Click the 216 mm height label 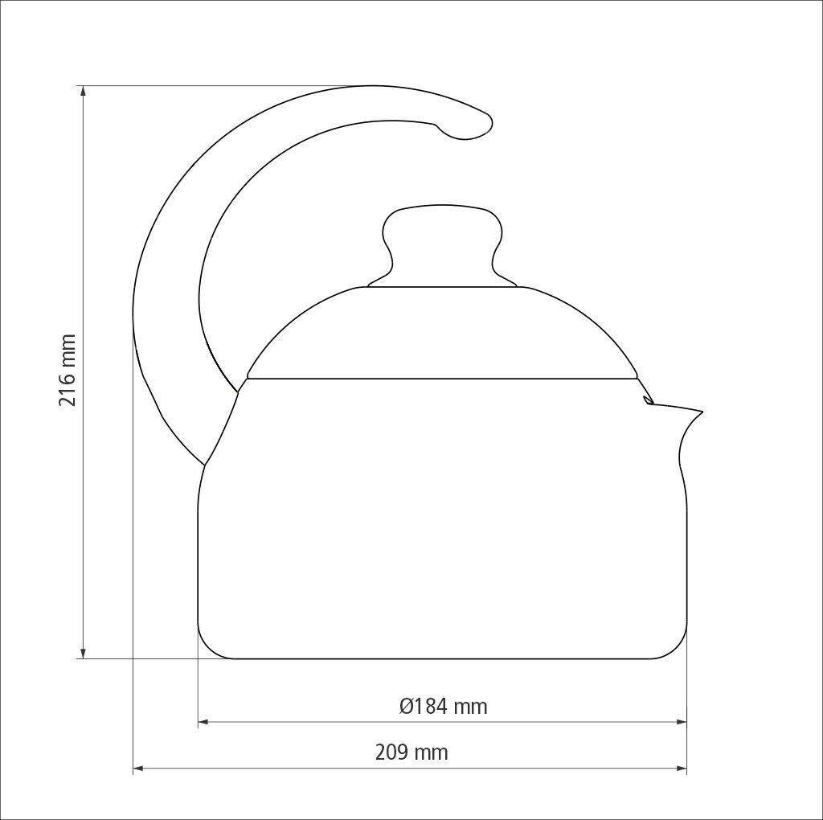click(68, 370)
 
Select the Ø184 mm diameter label click(443, 706)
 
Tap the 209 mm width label click(411, 752)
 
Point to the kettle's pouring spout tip click(701, 412)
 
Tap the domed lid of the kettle click(443, 332)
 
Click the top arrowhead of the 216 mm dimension click(83, 91)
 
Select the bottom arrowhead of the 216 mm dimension click(83, 653)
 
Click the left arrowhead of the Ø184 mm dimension click(203, 722)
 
